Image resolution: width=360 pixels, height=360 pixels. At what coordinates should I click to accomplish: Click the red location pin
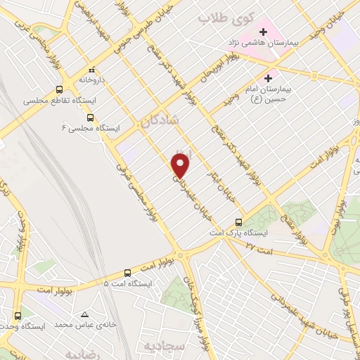(x=181, y=166)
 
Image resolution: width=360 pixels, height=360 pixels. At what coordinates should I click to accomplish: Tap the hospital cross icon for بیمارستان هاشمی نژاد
(x=264, y=32)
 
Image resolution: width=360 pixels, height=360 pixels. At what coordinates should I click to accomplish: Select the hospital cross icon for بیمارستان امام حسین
(x=267, y=78)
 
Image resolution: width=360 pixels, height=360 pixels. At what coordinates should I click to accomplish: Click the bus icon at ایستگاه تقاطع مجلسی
(x=59, y=90)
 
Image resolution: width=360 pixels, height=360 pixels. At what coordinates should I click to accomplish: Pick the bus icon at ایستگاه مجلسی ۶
(x=98, y=118)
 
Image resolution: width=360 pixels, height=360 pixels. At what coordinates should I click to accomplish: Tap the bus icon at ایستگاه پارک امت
(x=240, y=221)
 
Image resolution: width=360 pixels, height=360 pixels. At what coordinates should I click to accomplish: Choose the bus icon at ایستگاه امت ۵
(x=127, y=272)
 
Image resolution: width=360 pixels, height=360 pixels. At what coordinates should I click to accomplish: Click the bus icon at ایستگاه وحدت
(x=18, y=316)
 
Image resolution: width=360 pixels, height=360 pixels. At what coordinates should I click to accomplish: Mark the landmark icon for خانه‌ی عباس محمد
(x=84, y=314)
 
